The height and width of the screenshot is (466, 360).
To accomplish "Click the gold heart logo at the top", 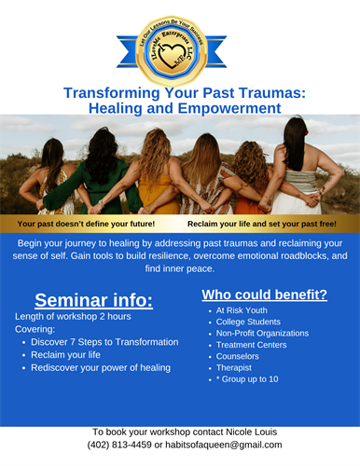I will tap(179, 47).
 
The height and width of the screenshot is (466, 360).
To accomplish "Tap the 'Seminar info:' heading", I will tap(93, 299).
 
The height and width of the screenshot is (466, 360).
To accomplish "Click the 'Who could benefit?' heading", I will tap(264, 295).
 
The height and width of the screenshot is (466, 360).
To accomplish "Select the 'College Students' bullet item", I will tap(249, 322).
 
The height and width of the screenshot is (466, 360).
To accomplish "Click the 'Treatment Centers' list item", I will tap(252, 344).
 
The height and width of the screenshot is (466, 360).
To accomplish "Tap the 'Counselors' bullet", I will tap(238, 355).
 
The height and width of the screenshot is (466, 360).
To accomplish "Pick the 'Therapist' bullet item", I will tap(235, 366).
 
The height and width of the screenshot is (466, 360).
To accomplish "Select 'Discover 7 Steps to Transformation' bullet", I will tap(104, 342).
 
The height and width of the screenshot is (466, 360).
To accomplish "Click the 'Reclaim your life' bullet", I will tap(68, 354).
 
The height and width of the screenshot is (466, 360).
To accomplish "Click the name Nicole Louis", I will tap(251, 432).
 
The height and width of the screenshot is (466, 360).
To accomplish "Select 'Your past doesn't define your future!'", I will tap(86, 225).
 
